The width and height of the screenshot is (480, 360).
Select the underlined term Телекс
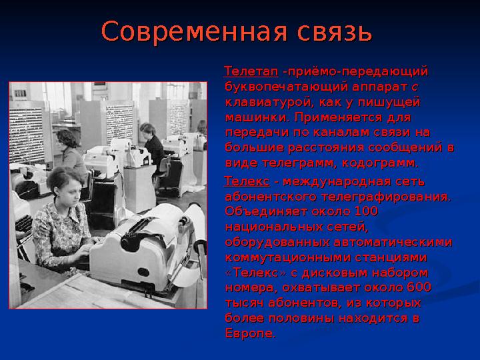coord(247,181)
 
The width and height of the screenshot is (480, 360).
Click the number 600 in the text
coord(417,288)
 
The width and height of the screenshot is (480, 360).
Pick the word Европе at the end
coord(249,333)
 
